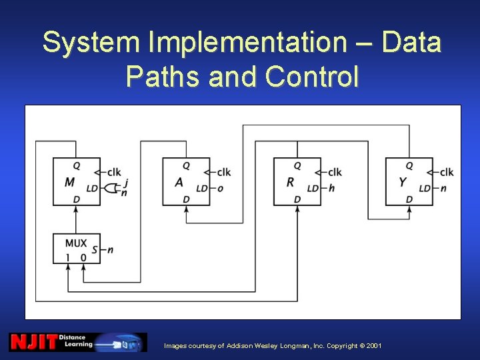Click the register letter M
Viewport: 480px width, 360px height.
pyautogui.click(x=69, y=182)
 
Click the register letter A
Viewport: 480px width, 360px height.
pyautogui.click(x=179, y=182)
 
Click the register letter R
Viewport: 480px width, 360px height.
pyautogui.click(x=290, y=182)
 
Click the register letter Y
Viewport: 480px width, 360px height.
pyautogui.click(x=402, y=182)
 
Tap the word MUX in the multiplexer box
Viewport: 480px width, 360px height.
pyautogui.click(x=76, y=243)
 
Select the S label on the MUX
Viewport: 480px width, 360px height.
pyautogui.click(x=95, y=250)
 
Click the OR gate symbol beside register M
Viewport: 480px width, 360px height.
pyautogui.click(x=112, y=188)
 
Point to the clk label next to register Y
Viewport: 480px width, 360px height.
pyautogui.click(x=447, y=172)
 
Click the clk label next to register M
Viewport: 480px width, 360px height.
pyautogui.click(x=113, y=172)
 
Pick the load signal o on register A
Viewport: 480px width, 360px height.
pyautogui.click(x=220, y=189)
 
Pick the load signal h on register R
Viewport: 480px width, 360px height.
pyautogui.click(x=331, y=189)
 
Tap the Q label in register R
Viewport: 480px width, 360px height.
pyautogui.click(x=297, y=165)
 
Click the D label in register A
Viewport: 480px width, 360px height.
pyautogui.click(x=186, y=199)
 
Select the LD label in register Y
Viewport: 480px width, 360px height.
pyautogui.click(x=425, y=189)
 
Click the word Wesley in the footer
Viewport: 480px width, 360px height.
pyautogui.click(x=262, y=346)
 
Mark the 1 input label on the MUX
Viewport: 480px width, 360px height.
pyautogui.click(x=67, y=257)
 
